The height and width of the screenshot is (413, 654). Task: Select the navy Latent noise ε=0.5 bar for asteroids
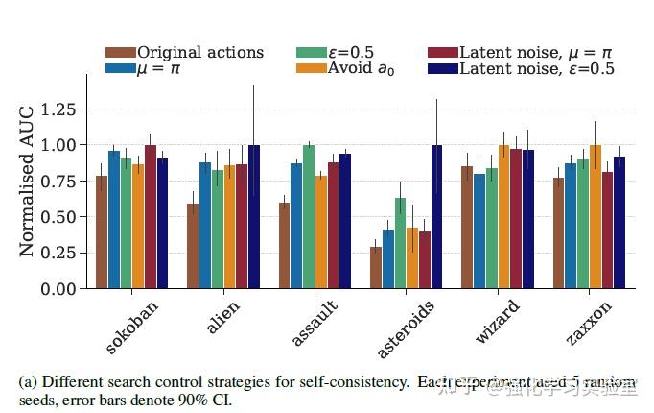(436, 217)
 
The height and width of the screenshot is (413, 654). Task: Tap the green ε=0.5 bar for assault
(309, 217)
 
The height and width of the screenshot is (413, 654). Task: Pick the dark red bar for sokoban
(151, 217)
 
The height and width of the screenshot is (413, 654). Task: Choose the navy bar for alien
(253, 217)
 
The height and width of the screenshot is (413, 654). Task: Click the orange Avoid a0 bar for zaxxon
(596, 217)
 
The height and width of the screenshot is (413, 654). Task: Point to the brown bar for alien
(193, 246)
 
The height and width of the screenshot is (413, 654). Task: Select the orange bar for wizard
(503, 217)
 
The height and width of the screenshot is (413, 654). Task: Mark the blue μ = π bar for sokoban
(114, 220)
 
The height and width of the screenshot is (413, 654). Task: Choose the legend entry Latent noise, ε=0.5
(537, 68)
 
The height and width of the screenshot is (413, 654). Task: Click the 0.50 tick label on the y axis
(65, 217)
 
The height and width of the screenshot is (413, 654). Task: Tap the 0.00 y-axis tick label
(65, 289)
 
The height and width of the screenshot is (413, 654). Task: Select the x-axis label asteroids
(408, 328)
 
